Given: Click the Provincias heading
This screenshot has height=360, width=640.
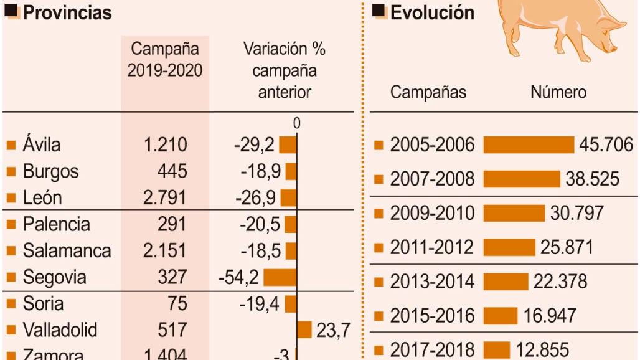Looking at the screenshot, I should point(67,12).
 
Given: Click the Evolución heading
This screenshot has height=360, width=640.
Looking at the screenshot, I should point(432,12).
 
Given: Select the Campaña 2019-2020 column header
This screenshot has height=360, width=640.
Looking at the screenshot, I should point(165,60).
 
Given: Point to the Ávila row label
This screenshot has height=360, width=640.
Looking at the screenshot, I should point(42,145).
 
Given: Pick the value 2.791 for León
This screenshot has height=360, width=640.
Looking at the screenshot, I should point(165,197).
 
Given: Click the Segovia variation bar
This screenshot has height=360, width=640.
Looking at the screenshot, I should point(280,277).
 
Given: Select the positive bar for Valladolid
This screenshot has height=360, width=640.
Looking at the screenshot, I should point(304,329).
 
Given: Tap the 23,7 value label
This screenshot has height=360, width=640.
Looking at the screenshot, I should point(333,330).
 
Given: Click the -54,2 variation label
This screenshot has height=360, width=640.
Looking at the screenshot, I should point(239,278).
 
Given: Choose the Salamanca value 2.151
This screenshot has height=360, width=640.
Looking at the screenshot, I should point(165,250).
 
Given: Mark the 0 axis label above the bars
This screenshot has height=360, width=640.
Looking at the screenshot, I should point(297,124).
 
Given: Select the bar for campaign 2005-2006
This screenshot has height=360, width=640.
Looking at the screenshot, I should point(529,145).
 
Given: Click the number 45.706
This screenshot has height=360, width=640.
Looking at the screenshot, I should point(606,145).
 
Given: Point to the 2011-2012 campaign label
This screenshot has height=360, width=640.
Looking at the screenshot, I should point(432,247).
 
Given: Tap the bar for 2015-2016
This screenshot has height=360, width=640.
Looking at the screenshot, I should point(500,316).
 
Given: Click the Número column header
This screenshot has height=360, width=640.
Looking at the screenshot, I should point(558,92).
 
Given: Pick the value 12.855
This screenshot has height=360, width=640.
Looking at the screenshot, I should point(542,349).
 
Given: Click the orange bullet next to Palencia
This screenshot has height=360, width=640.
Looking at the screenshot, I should point(11,224).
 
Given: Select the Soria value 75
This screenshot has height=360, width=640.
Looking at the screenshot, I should point(177,303).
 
